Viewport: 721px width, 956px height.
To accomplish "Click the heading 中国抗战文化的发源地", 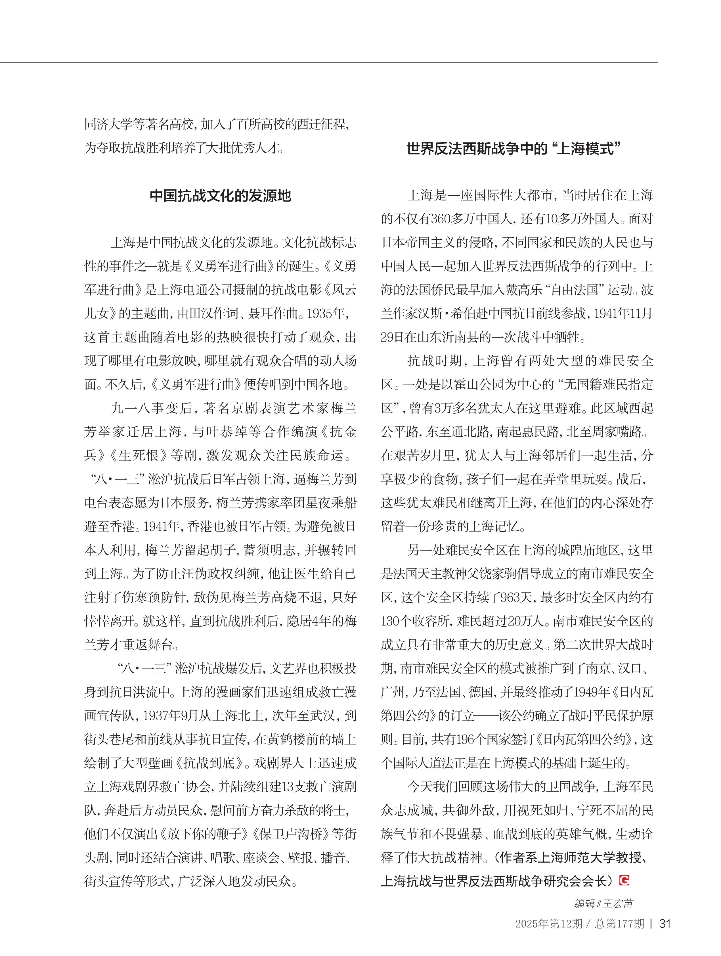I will pyautogui.click(x=220, y=196).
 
